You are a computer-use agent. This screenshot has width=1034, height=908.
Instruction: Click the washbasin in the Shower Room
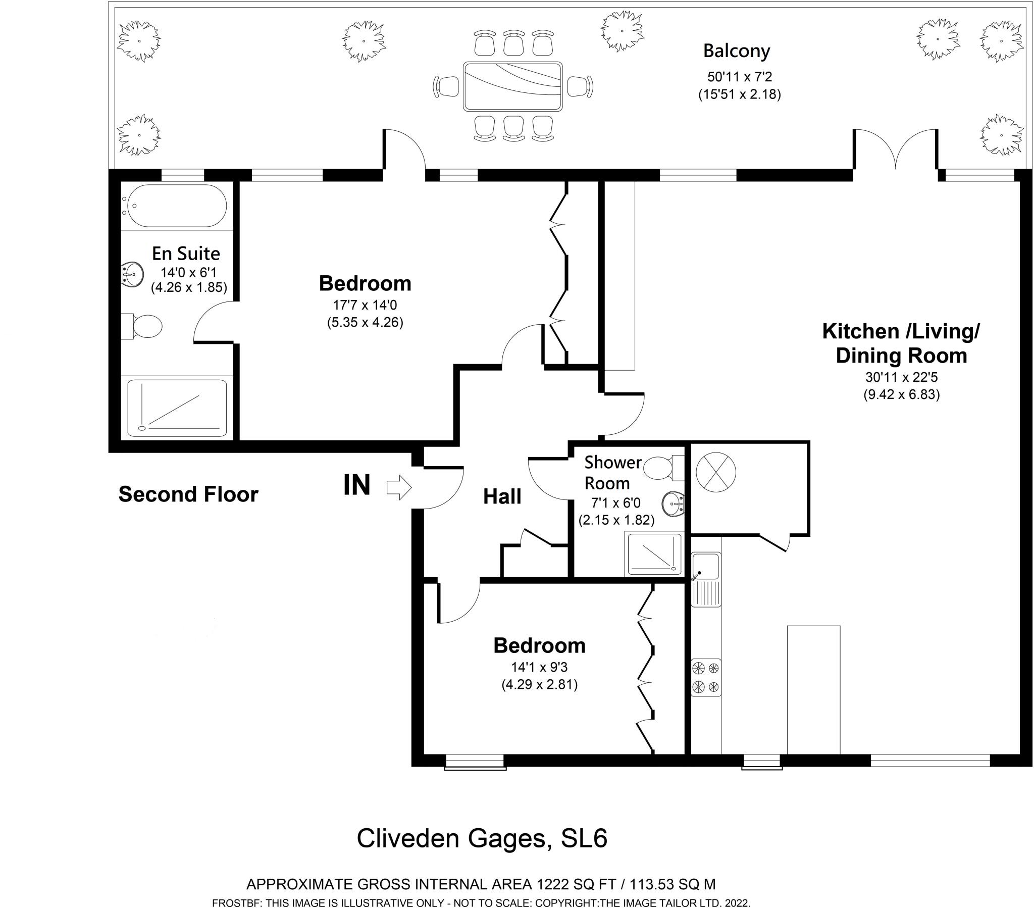click(x=674, y=504)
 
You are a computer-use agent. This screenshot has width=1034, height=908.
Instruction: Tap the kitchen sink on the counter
click(x=706, y=580)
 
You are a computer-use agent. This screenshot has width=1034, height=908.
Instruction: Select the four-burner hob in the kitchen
click(x=706, y=677)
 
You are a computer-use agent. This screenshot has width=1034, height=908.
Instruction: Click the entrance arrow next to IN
click(x=399, y=487)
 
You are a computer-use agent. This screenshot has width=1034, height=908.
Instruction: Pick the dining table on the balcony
click(x=512, y=86)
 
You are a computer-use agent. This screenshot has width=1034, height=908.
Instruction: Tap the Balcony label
click(x=737, y=51)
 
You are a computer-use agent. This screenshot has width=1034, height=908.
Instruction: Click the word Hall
click(x=502, y=496)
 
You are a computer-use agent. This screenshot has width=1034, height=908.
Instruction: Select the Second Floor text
click(x=188, y=494)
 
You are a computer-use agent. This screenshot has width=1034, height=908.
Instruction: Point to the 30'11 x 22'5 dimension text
click(x=901, y=377)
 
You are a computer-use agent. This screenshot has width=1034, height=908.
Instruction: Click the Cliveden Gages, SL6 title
click(x=482, y=838)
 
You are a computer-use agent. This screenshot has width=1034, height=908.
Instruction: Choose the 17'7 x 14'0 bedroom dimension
click(x=365, y=305)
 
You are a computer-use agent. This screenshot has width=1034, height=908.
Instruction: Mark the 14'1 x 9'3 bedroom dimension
click(x=539, y=668)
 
